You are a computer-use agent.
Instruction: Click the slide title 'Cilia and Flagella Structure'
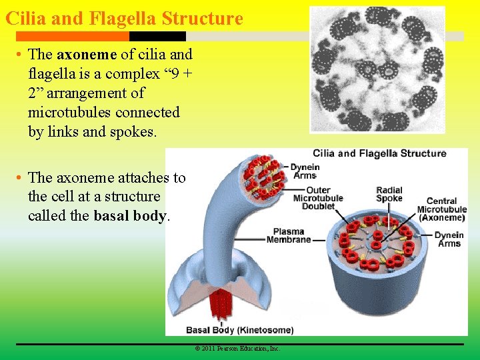point(124,18)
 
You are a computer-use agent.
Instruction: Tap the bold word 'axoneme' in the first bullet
point(83,55)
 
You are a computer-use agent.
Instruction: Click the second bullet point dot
point(21,178)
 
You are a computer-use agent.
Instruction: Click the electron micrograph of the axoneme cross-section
point(377,69)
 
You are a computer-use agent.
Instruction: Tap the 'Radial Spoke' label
point(389,194)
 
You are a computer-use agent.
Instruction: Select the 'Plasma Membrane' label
point(289,236)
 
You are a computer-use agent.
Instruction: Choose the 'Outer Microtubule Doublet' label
point(318,198)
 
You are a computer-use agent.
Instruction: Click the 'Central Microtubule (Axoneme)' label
point(442,209)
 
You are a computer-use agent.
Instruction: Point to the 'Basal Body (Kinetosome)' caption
point(239,330)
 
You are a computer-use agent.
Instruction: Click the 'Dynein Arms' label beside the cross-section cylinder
point(449,239)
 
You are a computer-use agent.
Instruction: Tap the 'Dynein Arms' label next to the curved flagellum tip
point(307,171)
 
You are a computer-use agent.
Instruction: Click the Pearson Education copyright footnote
point(237,349)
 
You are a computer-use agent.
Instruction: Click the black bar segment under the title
point(157,36)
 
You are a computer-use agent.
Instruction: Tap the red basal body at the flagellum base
point(219,307)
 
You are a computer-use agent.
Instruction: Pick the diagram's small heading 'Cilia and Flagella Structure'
point(379,153)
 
